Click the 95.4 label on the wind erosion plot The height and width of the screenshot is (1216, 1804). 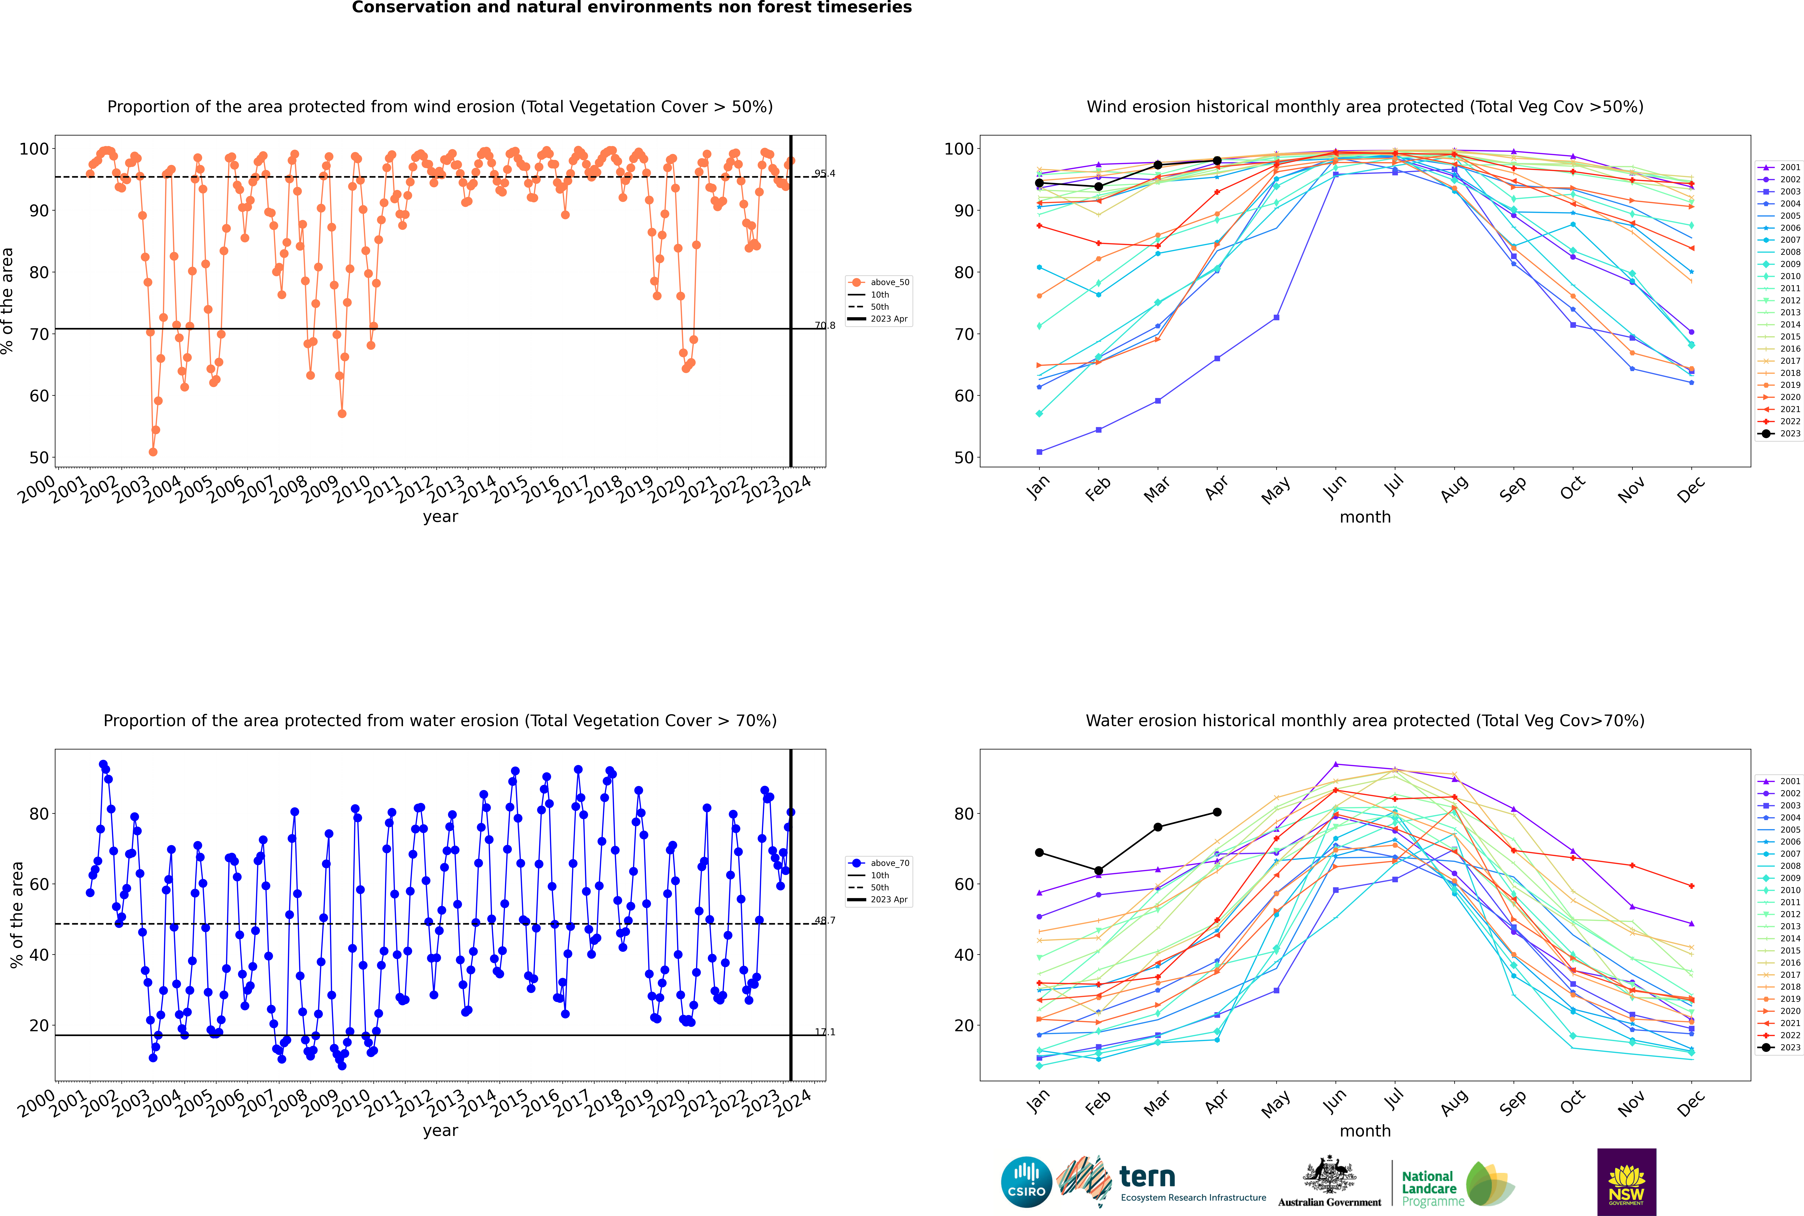pyautogui.click(x=825, y=174)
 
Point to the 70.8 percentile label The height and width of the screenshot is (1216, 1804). pyautogui.click(x=825, y=326)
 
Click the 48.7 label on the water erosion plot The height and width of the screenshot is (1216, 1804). pyautogui.click(x=825, y=921)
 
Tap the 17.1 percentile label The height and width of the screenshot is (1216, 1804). pyautogui.click(x=825, y=1032)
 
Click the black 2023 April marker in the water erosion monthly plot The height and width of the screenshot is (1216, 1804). pyautogui.click(x=1217, y=812)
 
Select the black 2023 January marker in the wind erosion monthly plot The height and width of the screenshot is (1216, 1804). pyautogui.click(x=1039, y=183)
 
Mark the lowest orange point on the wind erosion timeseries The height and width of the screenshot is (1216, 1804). pyautogui.click(x=153, y=452)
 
